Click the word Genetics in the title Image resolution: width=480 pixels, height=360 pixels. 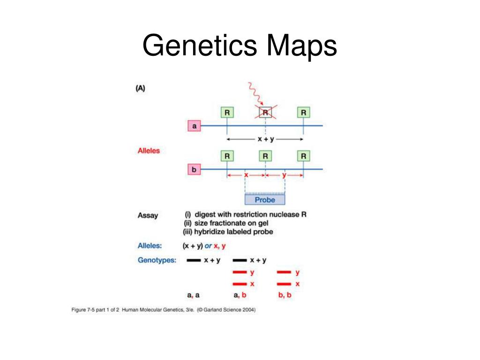click(x=200, y=46)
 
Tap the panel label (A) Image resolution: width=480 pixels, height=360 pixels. click(x=140, y=88)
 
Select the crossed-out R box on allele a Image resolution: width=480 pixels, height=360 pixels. click(x=265, y=112)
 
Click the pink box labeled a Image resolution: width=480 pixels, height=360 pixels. click(x=194, y=126)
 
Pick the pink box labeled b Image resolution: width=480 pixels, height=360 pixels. click(x=194, y=169)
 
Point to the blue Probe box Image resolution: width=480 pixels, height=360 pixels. click(x=265, y=200)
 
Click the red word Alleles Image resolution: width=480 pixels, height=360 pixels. click(x=149, y=151)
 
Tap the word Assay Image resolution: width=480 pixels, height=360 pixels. click(x=148, y=216)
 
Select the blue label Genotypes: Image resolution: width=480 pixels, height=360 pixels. click(x=157, y=260)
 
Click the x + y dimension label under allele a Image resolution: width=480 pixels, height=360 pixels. click(x=265, y=139)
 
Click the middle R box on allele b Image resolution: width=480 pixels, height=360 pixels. click(x=265, y=156)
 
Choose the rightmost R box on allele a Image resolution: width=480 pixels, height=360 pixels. click(x=304, y=112)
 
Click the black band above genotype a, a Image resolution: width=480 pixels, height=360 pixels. click(x=194, y=260)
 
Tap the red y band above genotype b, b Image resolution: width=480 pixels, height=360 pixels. click(x=284, y=272)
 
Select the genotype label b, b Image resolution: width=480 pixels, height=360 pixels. click(x=285, y=295)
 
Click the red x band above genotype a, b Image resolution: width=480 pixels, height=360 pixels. click(x=240, y=284)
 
